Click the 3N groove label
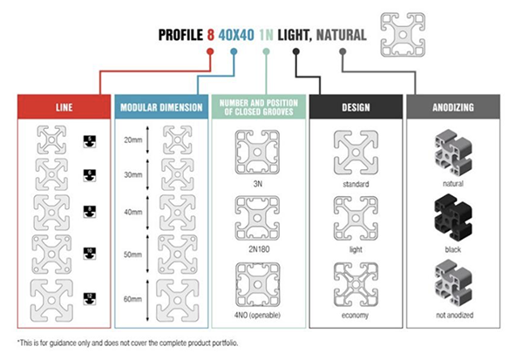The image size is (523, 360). pos(259,184)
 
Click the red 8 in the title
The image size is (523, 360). pos(210,36)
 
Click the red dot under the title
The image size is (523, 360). pos(210,51)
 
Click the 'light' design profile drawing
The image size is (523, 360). pos(357,218)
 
